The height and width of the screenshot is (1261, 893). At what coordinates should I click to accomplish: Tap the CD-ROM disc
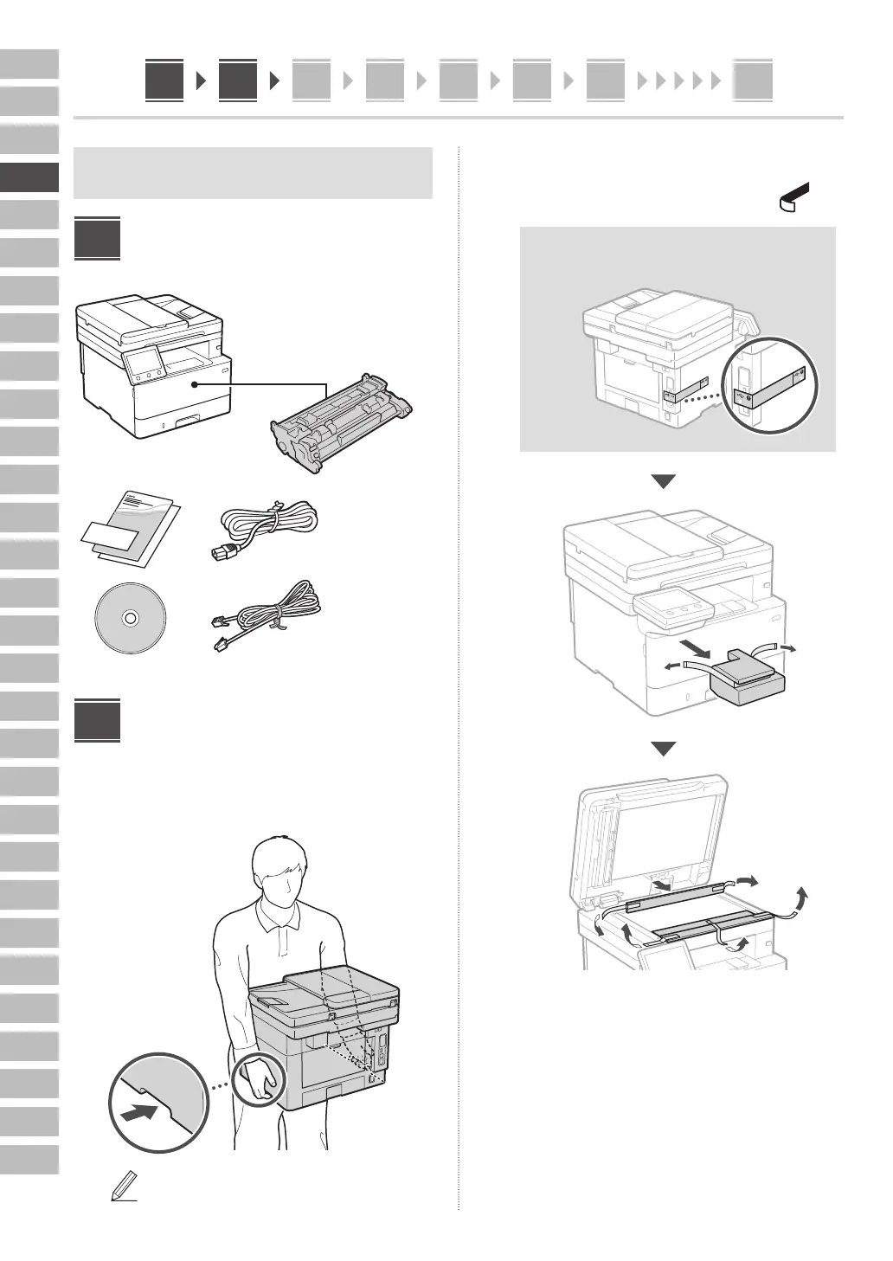[x=130, y=619]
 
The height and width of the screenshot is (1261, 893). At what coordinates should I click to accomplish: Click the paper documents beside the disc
[x=132, y=530]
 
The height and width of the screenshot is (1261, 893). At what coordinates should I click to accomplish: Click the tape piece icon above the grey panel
[x=795, y=196]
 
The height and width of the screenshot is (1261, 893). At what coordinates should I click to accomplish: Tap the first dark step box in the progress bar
[x=164, y=80]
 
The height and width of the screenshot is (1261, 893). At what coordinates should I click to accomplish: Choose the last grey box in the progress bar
[x=752, y=80]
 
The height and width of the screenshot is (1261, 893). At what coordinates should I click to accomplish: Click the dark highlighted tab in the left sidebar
[x=29, y=177]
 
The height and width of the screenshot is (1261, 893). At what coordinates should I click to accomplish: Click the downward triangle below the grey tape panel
[x=663, y=482]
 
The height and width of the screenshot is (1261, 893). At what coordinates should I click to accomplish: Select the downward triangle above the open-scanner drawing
[x=663, y=749]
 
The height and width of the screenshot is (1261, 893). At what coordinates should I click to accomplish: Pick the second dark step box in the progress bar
[x=238, y=80]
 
